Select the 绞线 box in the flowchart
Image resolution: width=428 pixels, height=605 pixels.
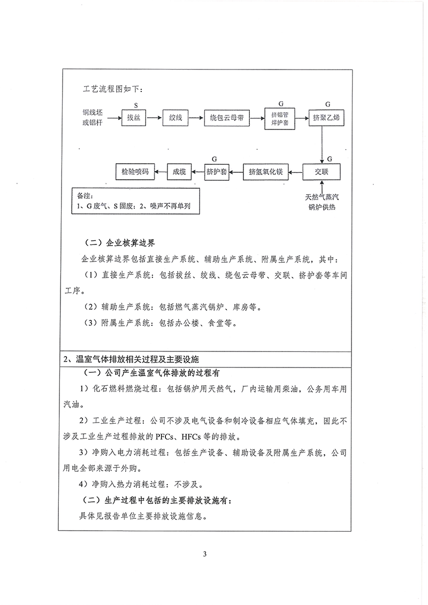(x=175, y=118)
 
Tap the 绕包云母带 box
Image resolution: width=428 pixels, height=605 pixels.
(x=227, y=118)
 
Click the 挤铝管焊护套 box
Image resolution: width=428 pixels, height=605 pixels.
(x=280, y=118)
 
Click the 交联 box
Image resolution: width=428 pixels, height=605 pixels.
(x=322, y=172)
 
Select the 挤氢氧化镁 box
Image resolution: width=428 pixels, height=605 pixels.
(x=265, y=172)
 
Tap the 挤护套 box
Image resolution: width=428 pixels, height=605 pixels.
(x=217, y=172)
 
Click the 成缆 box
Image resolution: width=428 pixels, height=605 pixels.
(x=179, y=172)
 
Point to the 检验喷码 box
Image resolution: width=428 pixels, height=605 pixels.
(x=135, y=172)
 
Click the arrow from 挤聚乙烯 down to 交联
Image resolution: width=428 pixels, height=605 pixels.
(x=322, y=144)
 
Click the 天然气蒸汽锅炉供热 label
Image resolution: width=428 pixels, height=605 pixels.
(x=321, y=202)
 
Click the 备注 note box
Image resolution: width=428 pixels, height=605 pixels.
(x=128, y=201)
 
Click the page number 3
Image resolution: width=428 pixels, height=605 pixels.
(x=205, y=553)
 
